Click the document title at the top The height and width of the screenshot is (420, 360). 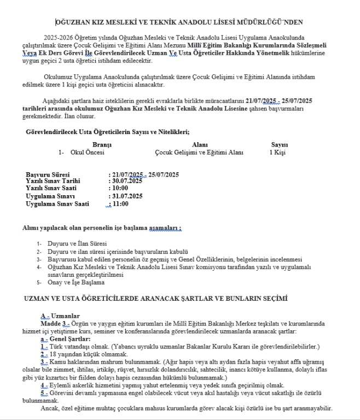(x=179, y=22)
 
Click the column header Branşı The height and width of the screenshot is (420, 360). (x=102, y=144)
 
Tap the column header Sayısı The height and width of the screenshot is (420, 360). (x=279, y=144)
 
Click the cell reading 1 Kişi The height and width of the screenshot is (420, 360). (x=277, y=152)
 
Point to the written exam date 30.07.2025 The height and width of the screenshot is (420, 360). (x=127, y=181)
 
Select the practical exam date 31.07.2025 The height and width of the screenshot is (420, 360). (x=127, y=196)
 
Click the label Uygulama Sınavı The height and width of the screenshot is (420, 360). (x=50, y=196)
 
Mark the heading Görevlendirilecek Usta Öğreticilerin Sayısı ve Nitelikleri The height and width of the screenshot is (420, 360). (x=108, y=131)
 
